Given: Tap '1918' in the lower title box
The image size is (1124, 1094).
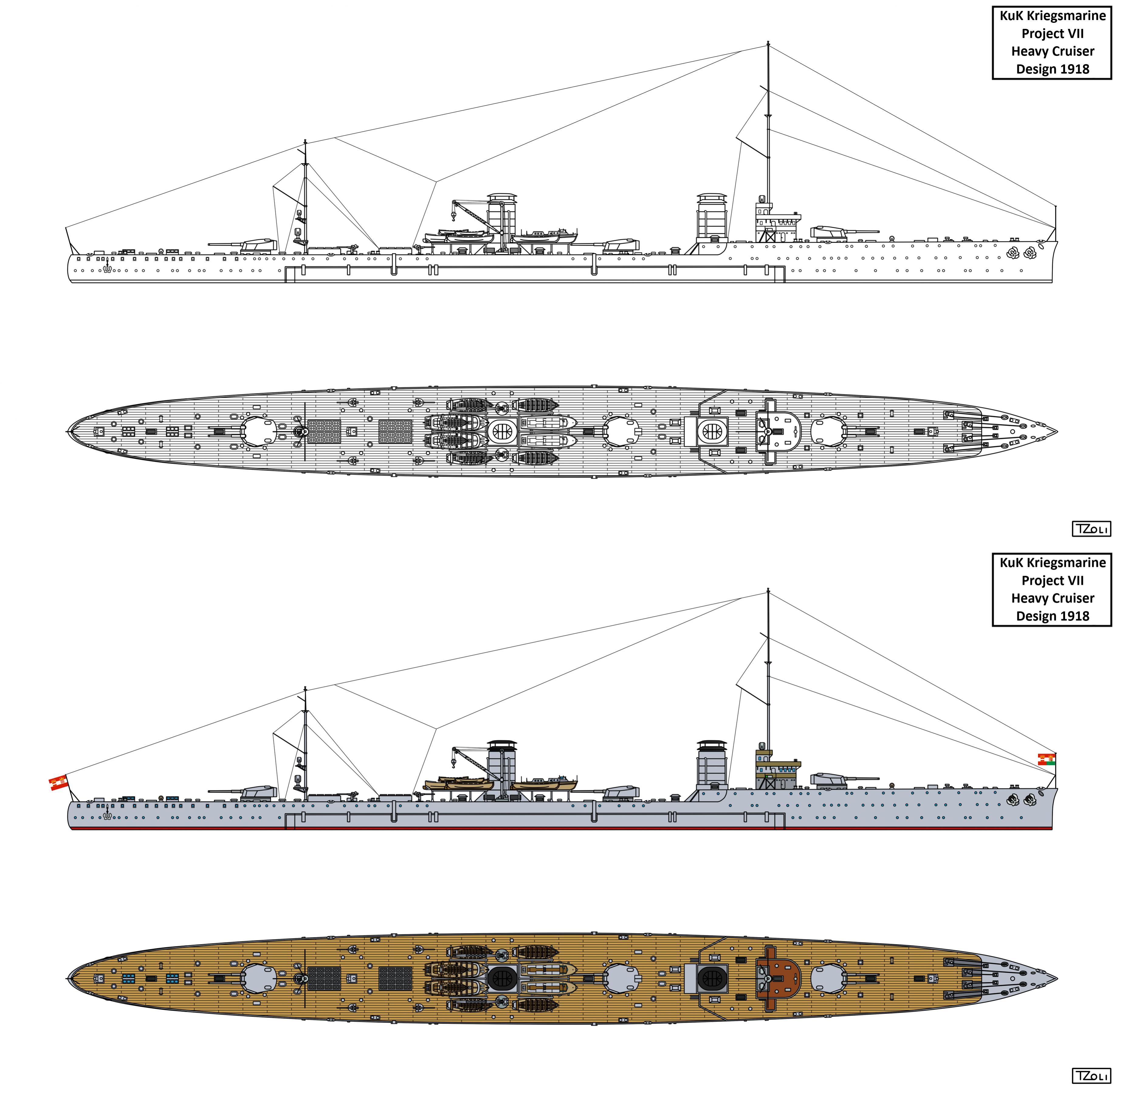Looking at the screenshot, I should point(1072,616).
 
